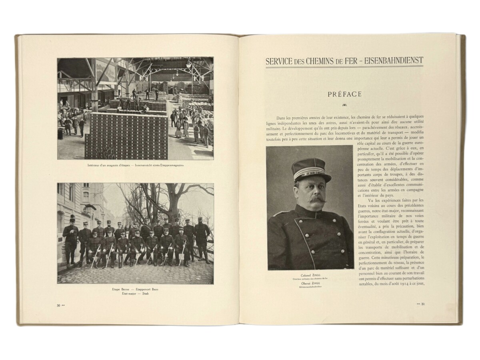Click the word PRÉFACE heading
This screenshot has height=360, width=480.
344,94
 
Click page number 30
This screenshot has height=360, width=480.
58,305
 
